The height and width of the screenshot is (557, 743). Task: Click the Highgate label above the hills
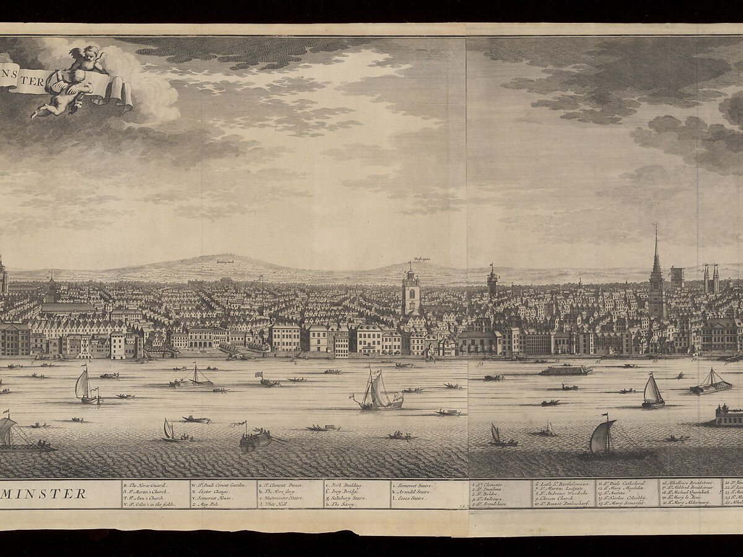(422, 260)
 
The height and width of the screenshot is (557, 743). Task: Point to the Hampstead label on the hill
(224, 262)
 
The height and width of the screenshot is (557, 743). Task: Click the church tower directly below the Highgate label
(411, 294)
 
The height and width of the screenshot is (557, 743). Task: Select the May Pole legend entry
(208, 504)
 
